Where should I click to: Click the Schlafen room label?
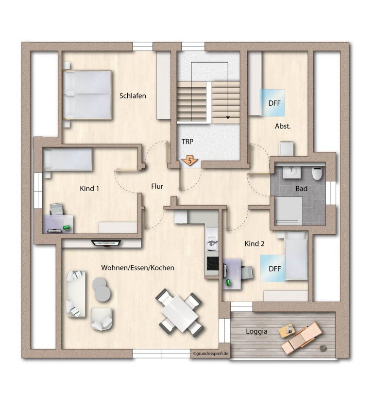point(133,96)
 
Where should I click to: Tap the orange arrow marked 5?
point(189,161)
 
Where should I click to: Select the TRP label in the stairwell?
point(187,142)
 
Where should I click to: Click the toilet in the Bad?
point(318,173)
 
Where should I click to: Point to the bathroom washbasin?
point(292,172)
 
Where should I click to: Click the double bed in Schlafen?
point(88,95)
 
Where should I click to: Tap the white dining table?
point(180,312)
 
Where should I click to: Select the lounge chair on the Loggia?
point(302,338)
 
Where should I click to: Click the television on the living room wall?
point(106,243)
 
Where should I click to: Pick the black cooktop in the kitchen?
point(213,263)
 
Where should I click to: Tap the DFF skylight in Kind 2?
point(272,269)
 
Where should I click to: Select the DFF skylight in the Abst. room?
point(272,103)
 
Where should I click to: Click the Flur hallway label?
point(157,186)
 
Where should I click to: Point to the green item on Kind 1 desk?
point(67,227)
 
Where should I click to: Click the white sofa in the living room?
point(76,294)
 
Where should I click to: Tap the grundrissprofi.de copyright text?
point(211,354)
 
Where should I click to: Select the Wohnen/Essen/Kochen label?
point(138,268)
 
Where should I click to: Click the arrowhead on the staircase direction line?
point(228,117)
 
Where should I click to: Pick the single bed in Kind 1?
point(68,160)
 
